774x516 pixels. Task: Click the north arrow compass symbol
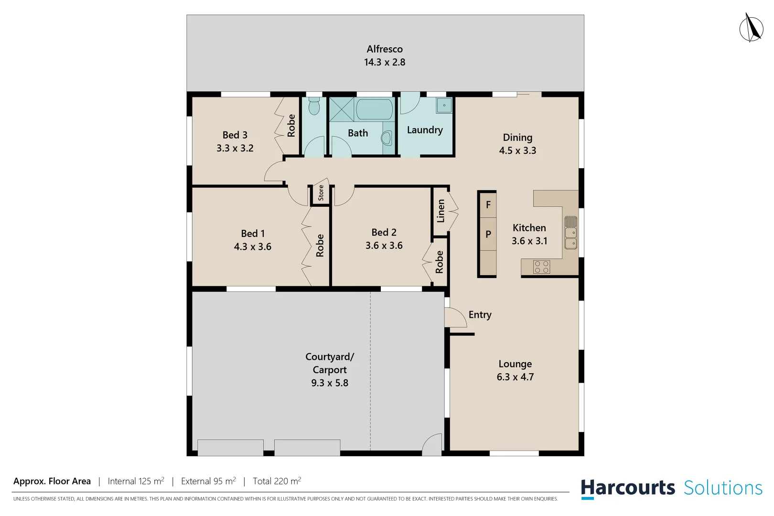pyautogui.click(x=751, y=28)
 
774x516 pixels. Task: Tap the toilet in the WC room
pyautogui.click(x=314, y=106)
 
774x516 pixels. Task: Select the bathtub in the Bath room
pyautogui.click(x=375, y=109)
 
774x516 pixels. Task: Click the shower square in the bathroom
pyautogui.click(x=342, y=109)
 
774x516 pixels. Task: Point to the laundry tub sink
pyautogui.click(x=444, y=106)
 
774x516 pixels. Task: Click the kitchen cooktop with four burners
pyautogui.click(x=541, y=267)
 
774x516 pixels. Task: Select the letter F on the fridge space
pyautogui.click(x=488, y=205)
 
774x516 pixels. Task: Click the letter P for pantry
pyautogui.click(x=488, y=234)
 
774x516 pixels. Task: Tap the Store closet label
pyautogui.click(x=321, y=193)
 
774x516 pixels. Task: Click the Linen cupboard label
pyautogui.click(x=441, y=211)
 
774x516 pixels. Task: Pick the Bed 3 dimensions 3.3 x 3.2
pyautogui.click(x=235, y=148)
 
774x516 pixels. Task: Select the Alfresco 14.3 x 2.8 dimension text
pyautogui.click(x=385, y=62)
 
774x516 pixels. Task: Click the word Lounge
pyautogui.click(x=515, y=364)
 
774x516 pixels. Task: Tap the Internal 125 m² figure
pyautogui.click(x=136, y=481)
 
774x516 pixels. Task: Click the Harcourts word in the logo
pyautogui.click(x=627, y=488)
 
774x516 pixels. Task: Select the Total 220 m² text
pyautogui.click(x=277, y=481)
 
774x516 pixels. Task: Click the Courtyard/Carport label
pyautogui.click(x=330, y=363)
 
